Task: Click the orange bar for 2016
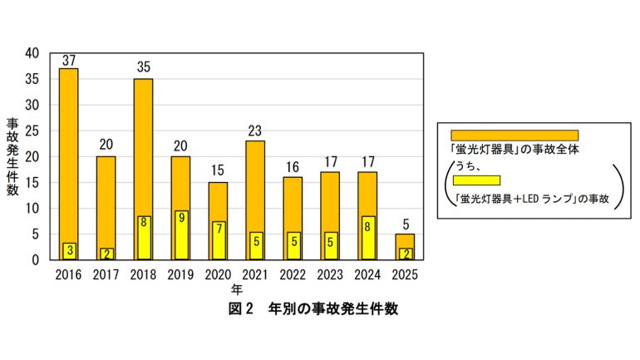(x=69, y=150)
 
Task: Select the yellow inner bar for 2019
(x=180, y=235)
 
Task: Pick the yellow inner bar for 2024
(x=367, y=238)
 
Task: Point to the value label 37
(x=69, y=61)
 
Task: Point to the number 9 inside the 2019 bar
(x=180, y=222)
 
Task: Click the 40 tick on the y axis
(x=32, y=53)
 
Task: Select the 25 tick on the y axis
(x=32, y=131)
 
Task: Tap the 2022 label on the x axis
(x=293, y=274)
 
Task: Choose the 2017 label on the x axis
(x=106, y=274)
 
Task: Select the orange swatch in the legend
(x=514, y=135)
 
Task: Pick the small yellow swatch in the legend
(x=476, y=180)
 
